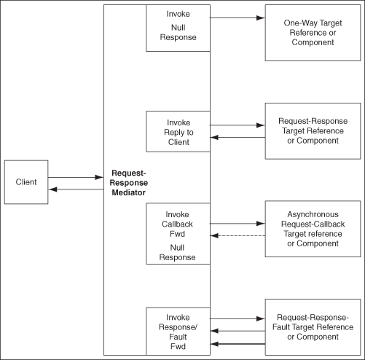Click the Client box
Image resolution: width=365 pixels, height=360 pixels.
(26, 181)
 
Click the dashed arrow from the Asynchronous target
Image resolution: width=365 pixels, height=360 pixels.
(238, 235)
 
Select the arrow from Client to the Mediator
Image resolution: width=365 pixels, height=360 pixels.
(76, 177)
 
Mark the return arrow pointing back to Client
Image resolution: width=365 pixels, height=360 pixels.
(76, 189)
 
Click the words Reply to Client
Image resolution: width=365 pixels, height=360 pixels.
(178, 137)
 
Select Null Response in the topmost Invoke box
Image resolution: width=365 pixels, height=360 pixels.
(178, 33)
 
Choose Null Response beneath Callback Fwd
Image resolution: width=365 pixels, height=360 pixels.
(178, 252)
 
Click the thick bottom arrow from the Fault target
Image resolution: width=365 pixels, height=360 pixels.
(238, 343)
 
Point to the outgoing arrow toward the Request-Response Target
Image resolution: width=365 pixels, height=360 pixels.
(238, 125)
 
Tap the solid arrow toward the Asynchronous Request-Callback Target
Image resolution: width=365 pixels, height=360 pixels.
(238, 223)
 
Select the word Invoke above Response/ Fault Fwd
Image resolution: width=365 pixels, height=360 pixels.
(178, 318)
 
